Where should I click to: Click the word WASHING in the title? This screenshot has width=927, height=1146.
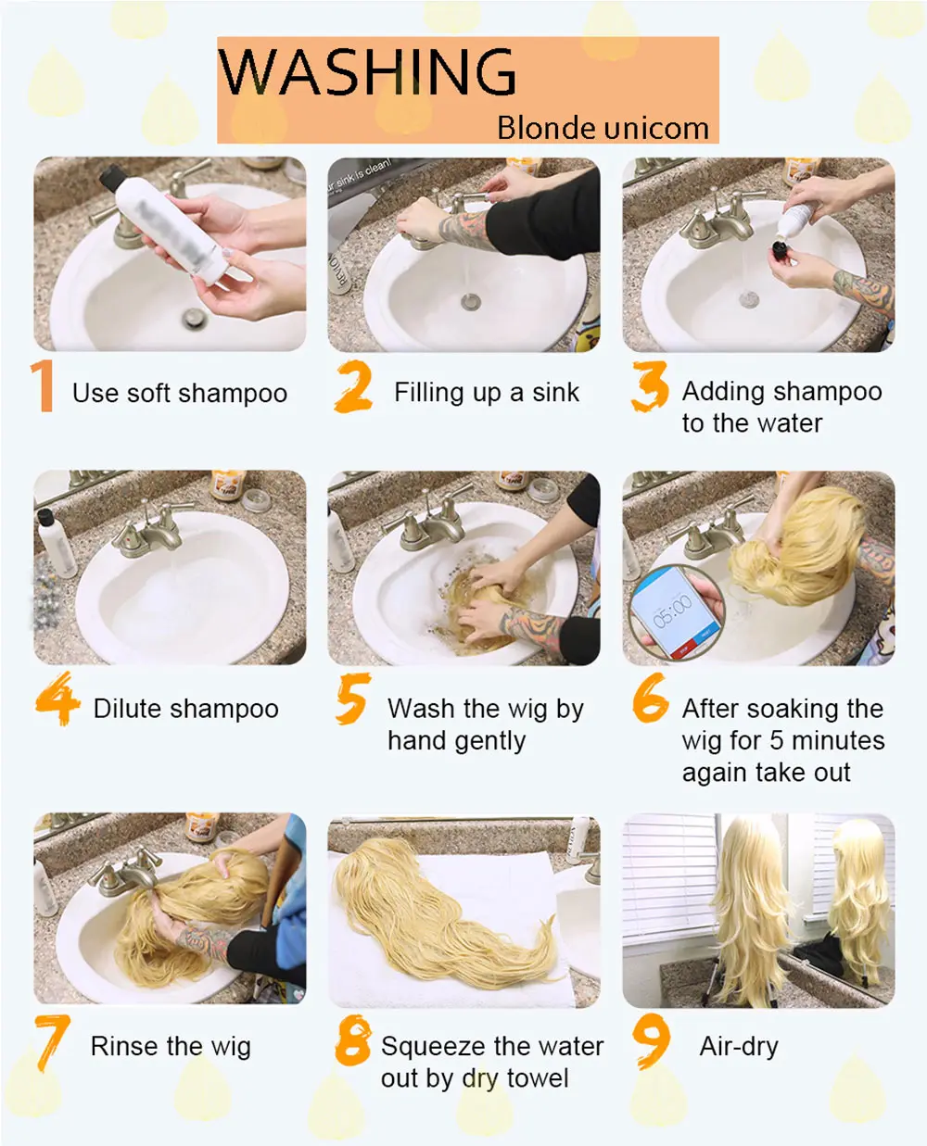pyautogui.click(x=368, y=71)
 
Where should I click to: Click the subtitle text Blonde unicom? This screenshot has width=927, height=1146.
pyautogui.click(x=603, y=128)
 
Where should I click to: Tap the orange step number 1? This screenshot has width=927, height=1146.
pyautogui.click(x=43, y=386)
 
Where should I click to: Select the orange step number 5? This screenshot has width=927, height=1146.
pyautogui.click(x=352, y=698)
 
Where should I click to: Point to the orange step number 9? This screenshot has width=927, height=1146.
pyautogui.click(x=652, y=1041)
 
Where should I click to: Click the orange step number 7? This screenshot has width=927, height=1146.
pyautogui.click(x=52, y=1041)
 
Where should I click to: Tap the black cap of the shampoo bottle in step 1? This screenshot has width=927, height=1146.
pyautogui.click(x=111, y=178)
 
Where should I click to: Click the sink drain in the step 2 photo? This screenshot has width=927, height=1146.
pyautogui.click(x=471, y=302)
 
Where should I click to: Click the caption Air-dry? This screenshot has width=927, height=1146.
pyautogui.click(x=739, y=1047)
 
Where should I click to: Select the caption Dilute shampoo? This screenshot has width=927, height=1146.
pyautogui.click(x=185, y=709)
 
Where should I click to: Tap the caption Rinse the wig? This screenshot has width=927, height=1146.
pyautogui.click(x=171, y=1047)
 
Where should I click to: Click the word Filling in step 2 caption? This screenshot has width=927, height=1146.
pyautogui.click(x=428, y=393)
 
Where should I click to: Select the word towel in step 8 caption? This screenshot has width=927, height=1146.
pyautogui.click(x=538, y=1078)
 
